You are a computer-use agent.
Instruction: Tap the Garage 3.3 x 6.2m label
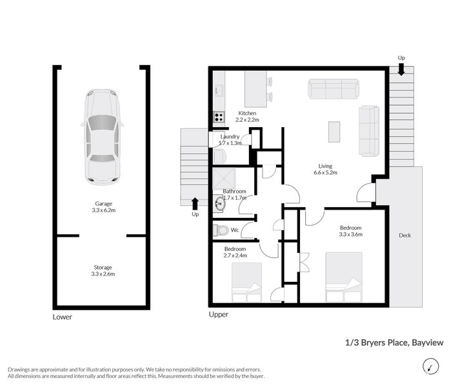[x=103, y=207]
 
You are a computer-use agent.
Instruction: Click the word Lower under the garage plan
[x=63, y=317]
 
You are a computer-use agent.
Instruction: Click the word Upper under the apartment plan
[x=218, y=315]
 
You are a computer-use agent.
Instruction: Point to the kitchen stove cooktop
[x=219, y=117]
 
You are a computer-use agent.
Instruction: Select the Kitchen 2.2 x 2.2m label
[x=247, y=116]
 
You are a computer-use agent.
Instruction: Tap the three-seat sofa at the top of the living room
[x=333, y=89]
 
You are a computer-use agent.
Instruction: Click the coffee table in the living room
[x=334, y=132]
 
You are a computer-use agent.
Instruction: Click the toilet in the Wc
[x=222, y=230]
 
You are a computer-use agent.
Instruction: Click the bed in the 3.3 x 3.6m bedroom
[x=344, y=277]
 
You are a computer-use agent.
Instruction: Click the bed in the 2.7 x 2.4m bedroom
[x=246, y=281]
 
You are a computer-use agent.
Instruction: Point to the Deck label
[x=405, y=235]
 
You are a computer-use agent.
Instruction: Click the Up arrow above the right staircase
[x=401, y=69]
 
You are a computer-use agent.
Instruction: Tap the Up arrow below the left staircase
[x=195, y=204]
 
